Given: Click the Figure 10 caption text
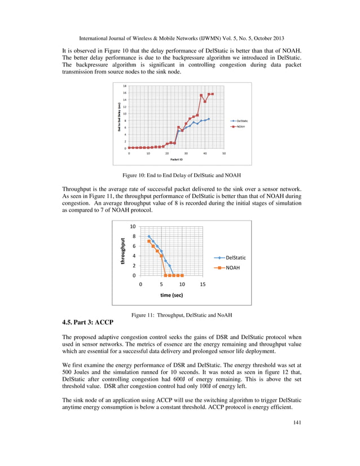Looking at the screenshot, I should coord(179,175).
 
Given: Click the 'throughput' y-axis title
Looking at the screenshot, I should coord(122,251).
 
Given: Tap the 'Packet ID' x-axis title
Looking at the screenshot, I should coord(176,159).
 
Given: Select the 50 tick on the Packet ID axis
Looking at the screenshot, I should coord(223,153).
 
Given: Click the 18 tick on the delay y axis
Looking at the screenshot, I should coord(124,86).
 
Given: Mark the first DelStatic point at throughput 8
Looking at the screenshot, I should coord(149,236).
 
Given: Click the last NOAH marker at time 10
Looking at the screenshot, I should coord(182,275).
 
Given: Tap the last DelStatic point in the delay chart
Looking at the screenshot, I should coord(209,119).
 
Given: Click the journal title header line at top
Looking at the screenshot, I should coord(179,39).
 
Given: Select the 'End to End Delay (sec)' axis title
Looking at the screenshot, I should coord(119,117).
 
